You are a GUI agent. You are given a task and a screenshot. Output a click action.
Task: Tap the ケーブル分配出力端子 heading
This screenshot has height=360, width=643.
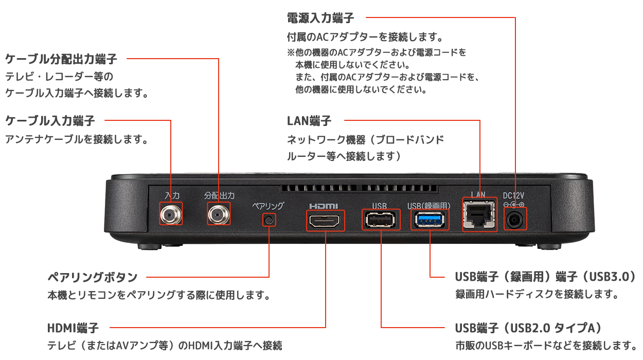[61, 59]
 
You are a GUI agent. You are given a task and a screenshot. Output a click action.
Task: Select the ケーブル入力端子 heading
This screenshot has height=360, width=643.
[50, 121]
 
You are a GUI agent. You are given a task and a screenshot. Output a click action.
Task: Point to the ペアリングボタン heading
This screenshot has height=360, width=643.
[93, 277]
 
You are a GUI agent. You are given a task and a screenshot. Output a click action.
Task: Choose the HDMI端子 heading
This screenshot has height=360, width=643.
[73, 328]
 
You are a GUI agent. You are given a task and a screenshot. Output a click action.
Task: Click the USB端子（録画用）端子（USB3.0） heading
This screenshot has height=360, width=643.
[546, 277]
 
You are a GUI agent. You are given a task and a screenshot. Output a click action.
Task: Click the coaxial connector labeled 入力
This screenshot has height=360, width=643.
[171, 214]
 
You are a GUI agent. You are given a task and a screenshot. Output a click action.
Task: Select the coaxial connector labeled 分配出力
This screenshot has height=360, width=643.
[219, 214]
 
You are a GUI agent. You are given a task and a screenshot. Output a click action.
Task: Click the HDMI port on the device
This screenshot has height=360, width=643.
[326, 221]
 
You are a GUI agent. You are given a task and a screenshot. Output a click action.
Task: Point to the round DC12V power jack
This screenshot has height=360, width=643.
[515, 220]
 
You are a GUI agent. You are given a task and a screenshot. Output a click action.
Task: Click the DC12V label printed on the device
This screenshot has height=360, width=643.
[514, 195]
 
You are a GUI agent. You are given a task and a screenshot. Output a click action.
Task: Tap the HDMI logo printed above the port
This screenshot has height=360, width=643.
[324, 206]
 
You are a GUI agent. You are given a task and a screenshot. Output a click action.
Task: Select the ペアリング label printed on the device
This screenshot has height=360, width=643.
[268, 206]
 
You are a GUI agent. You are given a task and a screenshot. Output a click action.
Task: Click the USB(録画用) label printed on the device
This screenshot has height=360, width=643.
[428, 206]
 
